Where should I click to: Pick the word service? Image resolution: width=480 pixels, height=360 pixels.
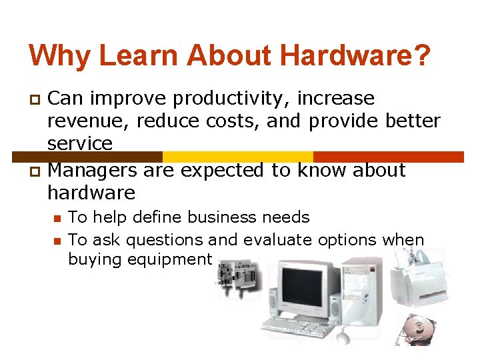tap(79, 143)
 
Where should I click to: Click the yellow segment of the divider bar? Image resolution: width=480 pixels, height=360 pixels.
tap(237, 157)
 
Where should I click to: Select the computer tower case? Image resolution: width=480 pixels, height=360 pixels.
tap(365, 293)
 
